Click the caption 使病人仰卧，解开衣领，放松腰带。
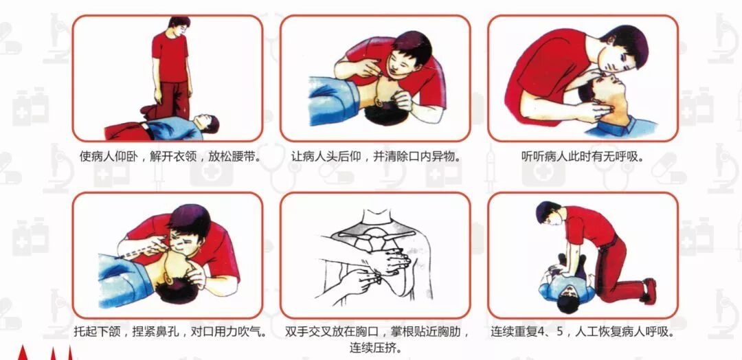pos(168,157)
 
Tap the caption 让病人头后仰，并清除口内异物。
pos(376,157)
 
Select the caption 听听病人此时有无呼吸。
pos(583,157)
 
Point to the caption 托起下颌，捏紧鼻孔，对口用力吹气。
pos(168,332)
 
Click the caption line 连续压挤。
pos(376,348)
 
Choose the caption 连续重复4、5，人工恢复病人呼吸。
pos(583,332)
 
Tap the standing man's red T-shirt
pos(170,57)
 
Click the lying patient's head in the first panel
pos(208,124)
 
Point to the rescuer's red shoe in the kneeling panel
pos(649,291)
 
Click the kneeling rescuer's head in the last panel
pos(548,213)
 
